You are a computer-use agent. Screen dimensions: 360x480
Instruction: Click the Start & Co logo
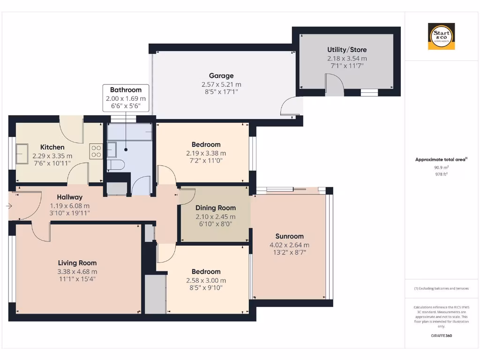[x=441, y=37]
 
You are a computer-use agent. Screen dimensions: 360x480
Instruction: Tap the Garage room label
[x=221, y=75]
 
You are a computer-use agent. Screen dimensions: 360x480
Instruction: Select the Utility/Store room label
[x=347, y=50]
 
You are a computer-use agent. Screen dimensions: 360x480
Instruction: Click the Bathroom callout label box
[x=126, y=98]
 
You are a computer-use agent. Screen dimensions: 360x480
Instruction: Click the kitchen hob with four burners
[x=97, y=150]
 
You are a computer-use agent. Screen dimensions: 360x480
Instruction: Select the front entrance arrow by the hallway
[x=9, y=206]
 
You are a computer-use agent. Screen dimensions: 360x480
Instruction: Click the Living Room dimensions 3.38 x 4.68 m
[x=77, y=271]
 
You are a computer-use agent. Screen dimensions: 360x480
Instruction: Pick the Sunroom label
[x=289, y=236]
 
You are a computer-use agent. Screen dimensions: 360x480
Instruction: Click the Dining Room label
[x=216, y=208]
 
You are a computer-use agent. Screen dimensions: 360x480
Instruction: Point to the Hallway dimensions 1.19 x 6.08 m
[x=70, y=206]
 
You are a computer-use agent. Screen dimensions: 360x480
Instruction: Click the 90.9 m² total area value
[x=441, y=167]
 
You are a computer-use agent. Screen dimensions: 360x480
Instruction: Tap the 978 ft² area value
[x=441, y=174]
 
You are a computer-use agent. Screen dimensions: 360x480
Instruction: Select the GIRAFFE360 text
[x=441, y=336]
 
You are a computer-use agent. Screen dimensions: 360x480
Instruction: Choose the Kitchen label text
[x=52, y=147]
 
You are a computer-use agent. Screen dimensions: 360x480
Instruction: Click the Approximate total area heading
[x=441, y=159]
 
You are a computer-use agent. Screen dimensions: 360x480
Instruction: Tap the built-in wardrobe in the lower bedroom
[x=155, y=294]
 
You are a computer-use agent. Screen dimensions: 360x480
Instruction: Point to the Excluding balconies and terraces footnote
[x=441, y=288]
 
